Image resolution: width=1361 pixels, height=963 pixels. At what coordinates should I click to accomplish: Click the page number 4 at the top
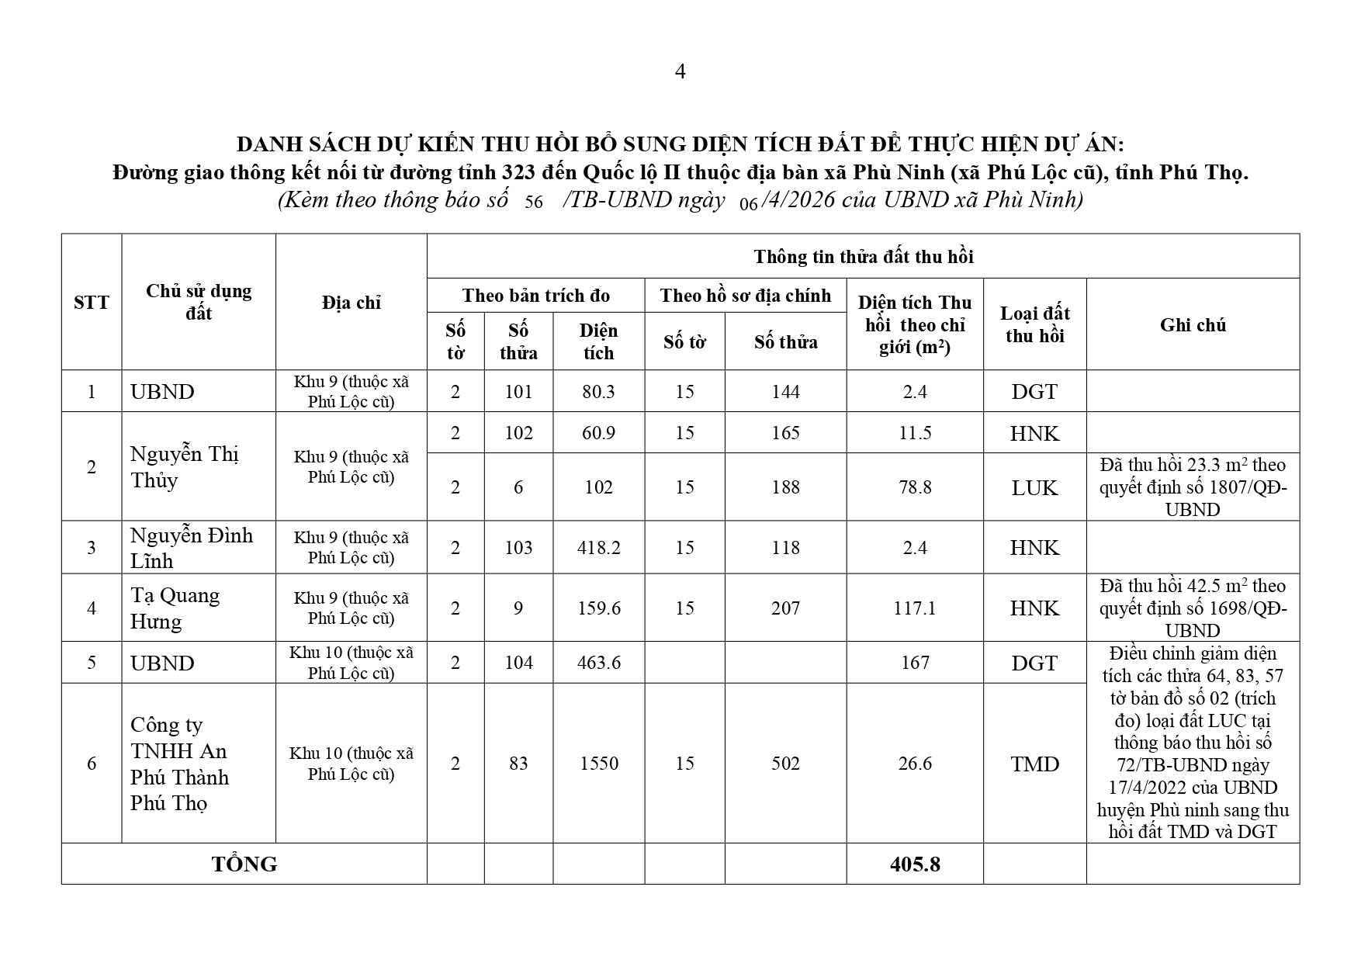tap(680, 72)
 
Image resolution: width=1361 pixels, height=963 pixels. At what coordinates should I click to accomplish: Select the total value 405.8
tap(915, 864)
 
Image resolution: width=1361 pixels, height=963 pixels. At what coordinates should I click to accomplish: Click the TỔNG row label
tap(244, 864)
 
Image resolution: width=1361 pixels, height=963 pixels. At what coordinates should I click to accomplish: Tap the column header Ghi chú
tap(1193, 324)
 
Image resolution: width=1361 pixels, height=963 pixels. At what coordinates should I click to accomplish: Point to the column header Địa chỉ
tap(351, 303)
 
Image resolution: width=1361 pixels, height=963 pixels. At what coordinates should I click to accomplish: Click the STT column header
tap(92, 303)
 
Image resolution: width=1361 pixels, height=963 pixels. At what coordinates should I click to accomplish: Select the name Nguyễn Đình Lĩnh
tap(192, 548)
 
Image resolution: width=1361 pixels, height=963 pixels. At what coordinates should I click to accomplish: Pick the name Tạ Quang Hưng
tap(175, 608)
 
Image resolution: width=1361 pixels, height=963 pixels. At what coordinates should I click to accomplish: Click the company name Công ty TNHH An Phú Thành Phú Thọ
tap(179, 764)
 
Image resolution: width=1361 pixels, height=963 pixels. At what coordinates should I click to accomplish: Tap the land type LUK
tap(1034, 487)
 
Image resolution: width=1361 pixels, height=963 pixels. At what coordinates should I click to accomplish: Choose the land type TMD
tap(1034, 764)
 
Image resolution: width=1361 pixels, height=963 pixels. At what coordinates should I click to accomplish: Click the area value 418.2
tap(598, 548)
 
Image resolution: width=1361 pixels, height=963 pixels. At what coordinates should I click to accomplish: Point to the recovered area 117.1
tap(915, 608)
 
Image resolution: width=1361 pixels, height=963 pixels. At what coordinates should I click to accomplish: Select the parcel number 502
tap(785, 764)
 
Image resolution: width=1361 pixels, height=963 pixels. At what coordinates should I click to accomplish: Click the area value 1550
tap(598, 764)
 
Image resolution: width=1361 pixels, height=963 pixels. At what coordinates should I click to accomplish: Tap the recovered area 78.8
tap(915, 487)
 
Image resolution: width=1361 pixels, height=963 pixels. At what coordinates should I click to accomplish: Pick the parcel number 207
tap(785, 608)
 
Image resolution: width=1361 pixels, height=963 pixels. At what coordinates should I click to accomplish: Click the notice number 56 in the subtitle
tap(534, 203)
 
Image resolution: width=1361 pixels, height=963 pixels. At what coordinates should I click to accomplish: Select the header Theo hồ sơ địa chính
tap(745, 296)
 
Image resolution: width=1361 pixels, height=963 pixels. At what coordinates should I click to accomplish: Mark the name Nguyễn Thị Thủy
tap(185, 466)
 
